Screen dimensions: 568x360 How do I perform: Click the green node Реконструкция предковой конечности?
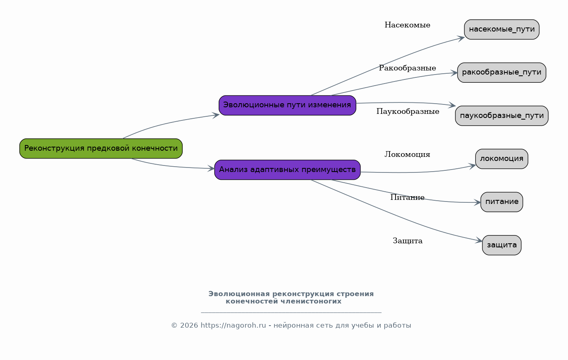point(101,149)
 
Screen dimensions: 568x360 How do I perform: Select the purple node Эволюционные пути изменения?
point(287,106)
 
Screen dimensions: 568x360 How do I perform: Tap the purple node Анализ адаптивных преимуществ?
point(287,170)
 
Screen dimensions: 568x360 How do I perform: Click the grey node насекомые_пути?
point(502,29)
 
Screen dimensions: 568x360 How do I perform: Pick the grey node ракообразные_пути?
point(502,72)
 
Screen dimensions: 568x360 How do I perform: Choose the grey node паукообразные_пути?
point(502,115)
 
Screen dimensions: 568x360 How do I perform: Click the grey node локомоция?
point(502,159)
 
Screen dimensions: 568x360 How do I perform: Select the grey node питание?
point(502,202)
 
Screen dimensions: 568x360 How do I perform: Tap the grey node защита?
point(502,245)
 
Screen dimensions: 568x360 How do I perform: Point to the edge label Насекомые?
point(407,25)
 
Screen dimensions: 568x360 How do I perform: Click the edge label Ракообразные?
point(407,68)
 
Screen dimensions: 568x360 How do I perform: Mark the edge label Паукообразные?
point(407,111)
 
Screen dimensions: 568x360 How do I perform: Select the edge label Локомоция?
point(407,154)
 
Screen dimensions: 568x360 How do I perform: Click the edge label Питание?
point(407,197)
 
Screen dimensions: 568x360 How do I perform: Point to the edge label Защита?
point(407,240)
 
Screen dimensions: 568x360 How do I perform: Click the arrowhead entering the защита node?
point(479,240)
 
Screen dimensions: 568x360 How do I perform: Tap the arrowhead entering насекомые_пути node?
point(461,38)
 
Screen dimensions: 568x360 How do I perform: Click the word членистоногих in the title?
point(311,301)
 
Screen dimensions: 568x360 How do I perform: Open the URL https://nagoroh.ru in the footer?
point(233,325)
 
